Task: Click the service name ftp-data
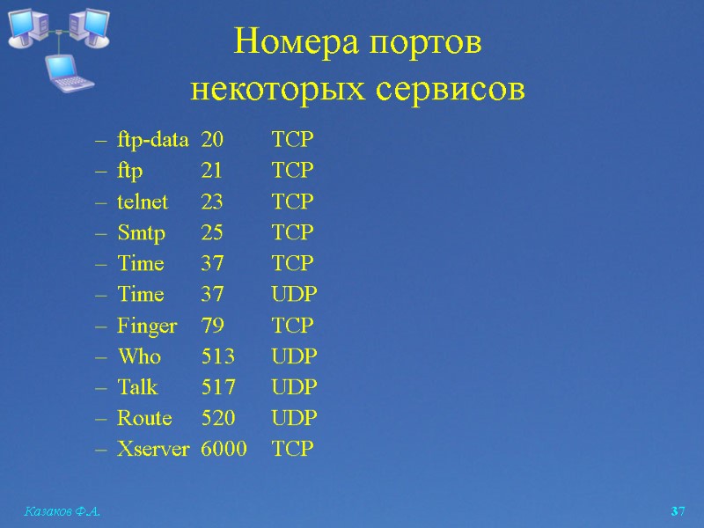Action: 152,140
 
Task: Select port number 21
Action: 212,171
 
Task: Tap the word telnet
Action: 143,202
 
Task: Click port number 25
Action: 212,233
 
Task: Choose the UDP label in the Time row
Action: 294,295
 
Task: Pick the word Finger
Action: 147,326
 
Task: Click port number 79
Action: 212,326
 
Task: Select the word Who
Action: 139,356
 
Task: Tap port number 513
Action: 217,356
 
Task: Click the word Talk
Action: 137,387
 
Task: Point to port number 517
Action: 217,387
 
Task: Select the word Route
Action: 144,418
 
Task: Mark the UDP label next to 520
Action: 294,418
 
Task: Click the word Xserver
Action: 153,449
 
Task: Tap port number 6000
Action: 224,449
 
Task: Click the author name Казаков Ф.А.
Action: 60,511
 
